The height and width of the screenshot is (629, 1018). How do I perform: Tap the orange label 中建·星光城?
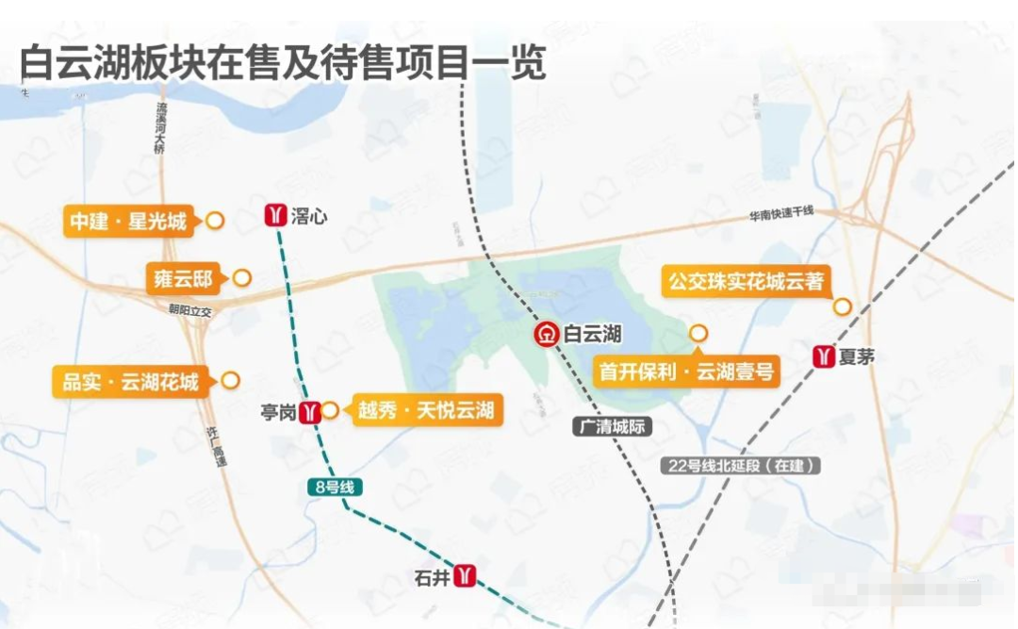click(128, 222)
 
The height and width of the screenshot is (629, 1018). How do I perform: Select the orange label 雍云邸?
click(183, 278)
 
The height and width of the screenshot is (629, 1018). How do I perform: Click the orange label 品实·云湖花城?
click(131, 382)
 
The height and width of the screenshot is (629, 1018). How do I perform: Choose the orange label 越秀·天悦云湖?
click(424, 411)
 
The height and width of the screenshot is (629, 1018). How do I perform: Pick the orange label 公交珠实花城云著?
click(747, 281)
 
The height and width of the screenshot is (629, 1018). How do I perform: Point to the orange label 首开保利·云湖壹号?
click(687, 371)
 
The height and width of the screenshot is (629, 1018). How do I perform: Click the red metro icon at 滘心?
click(274, 215)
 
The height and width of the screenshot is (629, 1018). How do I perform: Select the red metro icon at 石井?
click(466, 575)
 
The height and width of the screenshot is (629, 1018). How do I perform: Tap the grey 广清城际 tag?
click(612, 426)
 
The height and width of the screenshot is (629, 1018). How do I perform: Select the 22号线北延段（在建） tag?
click(739, 465)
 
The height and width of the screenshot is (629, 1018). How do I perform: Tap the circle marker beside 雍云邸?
click(242, 278)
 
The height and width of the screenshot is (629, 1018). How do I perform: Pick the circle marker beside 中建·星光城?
click(215, 222)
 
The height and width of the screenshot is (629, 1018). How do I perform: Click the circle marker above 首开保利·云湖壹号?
click(698, 333)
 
